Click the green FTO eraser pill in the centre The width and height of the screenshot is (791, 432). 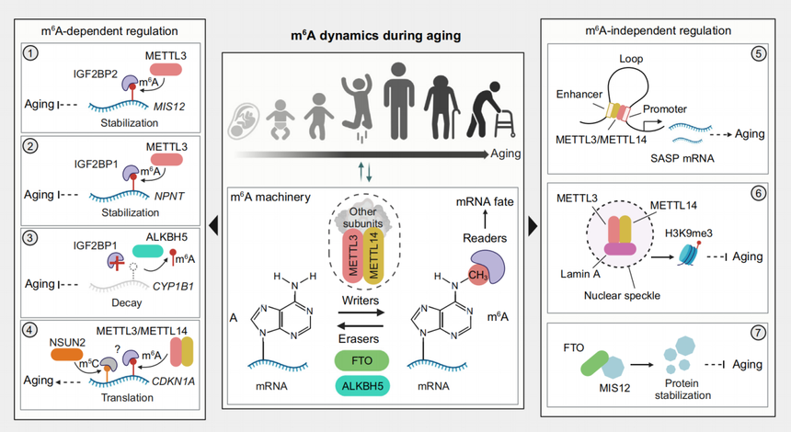(x=361, y=361)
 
